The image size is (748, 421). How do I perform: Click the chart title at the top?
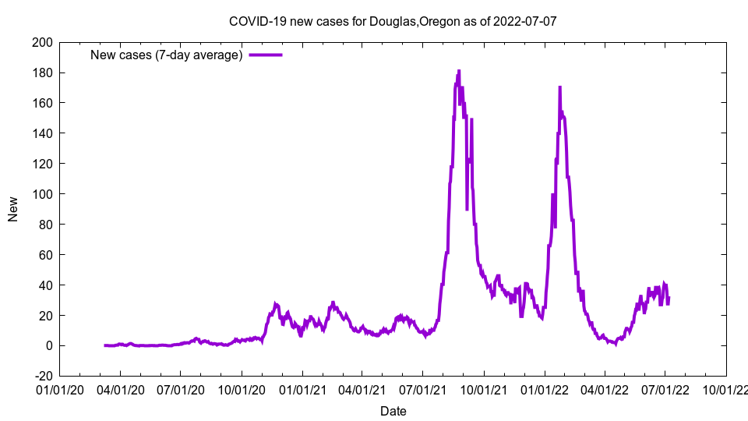pyautogui.click(x=393, y=21)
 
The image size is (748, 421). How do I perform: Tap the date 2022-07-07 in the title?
pyautogui.click(x=527, y=21)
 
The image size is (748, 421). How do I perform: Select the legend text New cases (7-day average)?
pyautogui.click(x=167, y=55)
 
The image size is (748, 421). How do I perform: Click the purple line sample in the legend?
pyautogui.click(x=265, y=55)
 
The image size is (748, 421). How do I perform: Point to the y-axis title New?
pyautogui.click(x=13, y=209)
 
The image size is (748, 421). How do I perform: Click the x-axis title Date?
pyautogui.click(x=393, y=410)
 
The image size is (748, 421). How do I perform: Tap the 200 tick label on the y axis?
pyautogui.click(x=42, y=43)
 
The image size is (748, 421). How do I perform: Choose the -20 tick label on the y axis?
pyautogui.click(x=42, y=376)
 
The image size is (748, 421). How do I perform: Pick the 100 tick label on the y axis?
pyautogui.click(x=42, y=194)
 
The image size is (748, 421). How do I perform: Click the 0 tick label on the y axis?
pyautogui.click(x=48, y=345)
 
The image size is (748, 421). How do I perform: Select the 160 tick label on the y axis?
pyautogui.click(x=42, y=103)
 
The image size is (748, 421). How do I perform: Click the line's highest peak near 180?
pyautogui.click(x=459, y=71)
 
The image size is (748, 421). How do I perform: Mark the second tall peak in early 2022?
pyautogui.click(x=559, y=87)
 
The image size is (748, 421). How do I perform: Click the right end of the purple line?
pyautogui.click(x=669, y=297)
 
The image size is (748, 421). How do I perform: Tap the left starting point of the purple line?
pyautogui.click(x=104, y=345)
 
